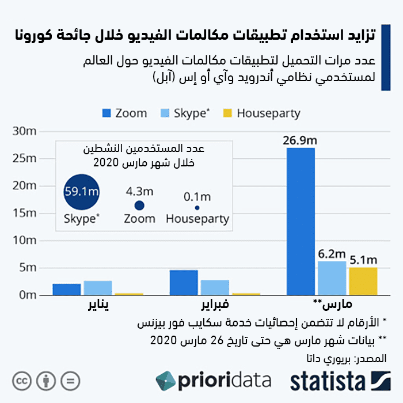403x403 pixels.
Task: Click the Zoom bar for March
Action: coord(301,222)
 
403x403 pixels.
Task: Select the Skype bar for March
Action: coord(332,278)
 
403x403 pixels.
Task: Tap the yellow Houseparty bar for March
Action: coord(363,281)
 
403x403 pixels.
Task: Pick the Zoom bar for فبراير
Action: coord(184,282)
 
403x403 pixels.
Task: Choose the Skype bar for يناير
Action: coord(98,288)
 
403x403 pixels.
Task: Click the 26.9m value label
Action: coord(299,140)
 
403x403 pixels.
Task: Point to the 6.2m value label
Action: coord(332,254)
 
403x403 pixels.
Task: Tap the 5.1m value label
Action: coord(363,260)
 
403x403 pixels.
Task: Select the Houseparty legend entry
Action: coord(261,113)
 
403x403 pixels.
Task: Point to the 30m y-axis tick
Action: coord(25,131)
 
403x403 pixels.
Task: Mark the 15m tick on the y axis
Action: coord(25,213)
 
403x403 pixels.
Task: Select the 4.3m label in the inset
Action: coord(139,191)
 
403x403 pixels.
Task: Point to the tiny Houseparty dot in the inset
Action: coord(197,208)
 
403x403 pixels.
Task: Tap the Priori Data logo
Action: coord(213,381)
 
